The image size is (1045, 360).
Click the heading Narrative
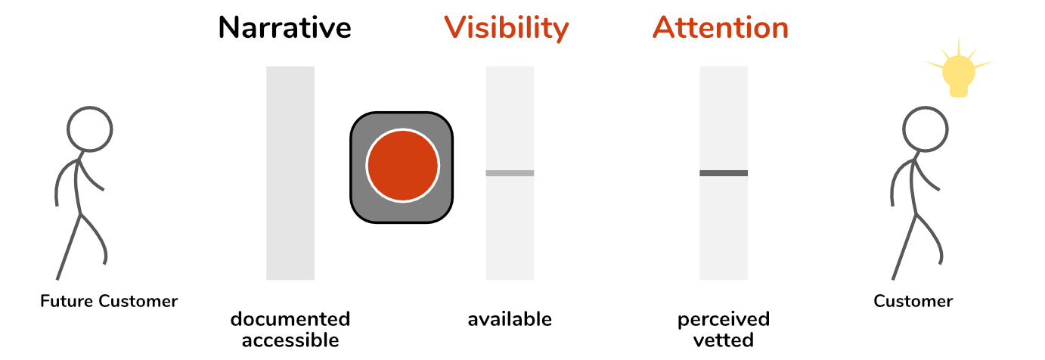pos(284,27)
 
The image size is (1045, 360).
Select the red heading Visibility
pos(506,29)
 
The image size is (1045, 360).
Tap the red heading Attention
pos(721,27)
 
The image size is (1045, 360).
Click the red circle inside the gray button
pos(402,166)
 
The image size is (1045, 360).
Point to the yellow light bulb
pos(958,70)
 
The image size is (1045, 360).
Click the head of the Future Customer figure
pos(89,129)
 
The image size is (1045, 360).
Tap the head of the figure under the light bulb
pos(925,129)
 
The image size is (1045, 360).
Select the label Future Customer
pos(109,301)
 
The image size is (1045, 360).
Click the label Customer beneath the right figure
pos(913,301)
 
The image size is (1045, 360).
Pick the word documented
pos(290,319)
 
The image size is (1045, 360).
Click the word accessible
pos(290,340)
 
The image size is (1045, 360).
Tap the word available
pos(510,319)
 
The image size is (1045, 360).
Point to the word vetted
pos(724,340)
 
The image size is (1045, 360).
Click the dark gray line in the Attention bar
pos(724,173)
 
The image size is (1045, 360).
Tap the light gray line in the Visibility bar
pos(510,173)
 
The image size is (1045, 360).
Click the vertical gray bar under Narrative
pos(290,173)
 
